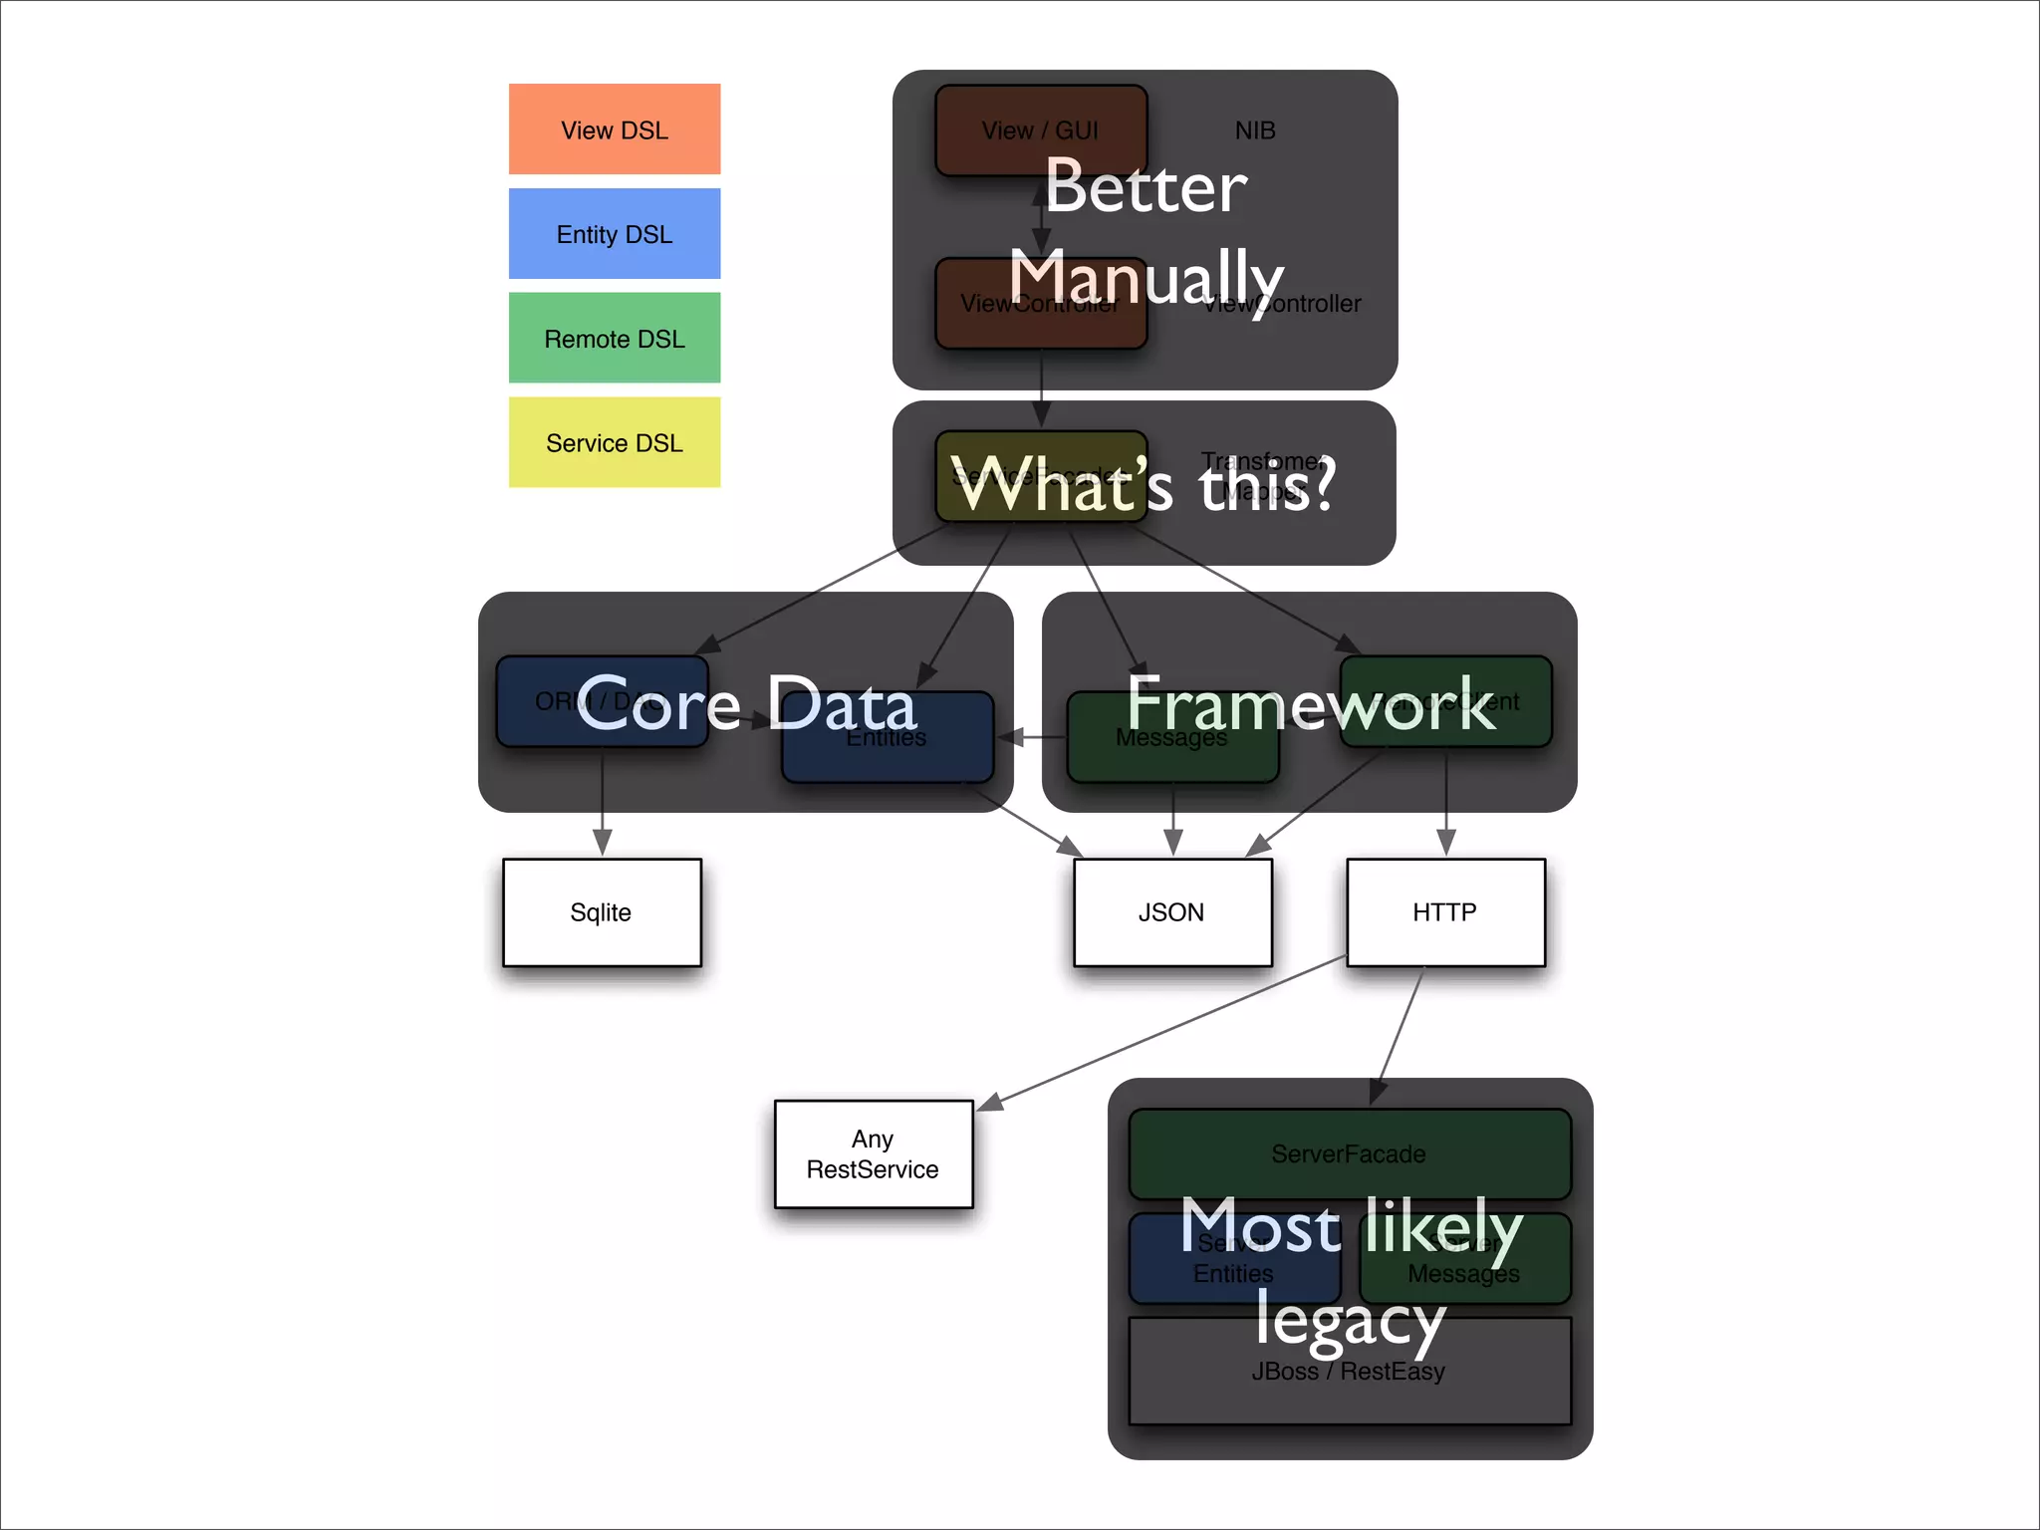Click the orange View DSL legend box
click(615, 129)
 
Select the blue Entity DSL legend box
click(615, 234)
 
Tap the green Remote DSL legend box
click(615, 339)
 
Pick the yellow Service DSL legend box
click(615, 442)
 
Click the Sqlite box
click(602, 912)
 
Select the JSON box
click(1172, 912)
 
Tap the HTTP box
click(1445, 912)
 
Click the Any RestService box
click(874, 1154)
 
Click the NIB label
click(1255, 130)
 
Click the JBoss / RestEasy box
click(1349, 1385)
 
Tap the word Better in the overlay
click(1146, 187)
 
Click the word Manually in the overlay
click(1146, 276)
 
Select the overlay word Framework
click(1311, 703)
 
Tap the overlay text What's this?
click(1144, 485)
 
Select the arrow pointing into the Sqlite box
click(602, 807)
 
